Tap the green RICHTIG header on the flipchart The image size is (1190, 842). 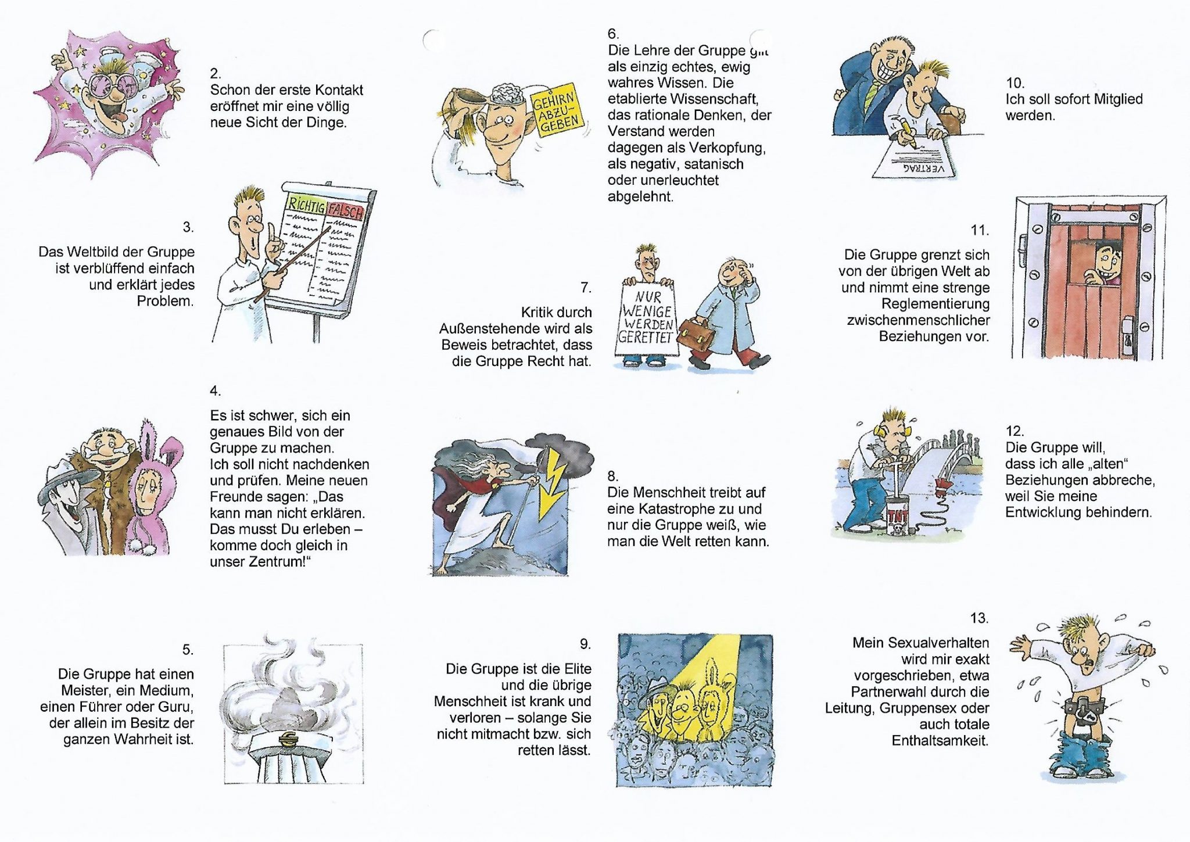[x=306, y=204]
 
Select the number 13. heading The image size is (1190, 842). [x=979, y=618]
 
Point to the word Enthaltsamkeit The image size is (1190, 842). [x=940, y=741]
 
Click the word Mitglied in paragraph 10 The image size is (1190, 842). [x=1116, y=99]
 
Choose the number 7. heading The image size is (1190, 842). [x=586, y=288]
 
